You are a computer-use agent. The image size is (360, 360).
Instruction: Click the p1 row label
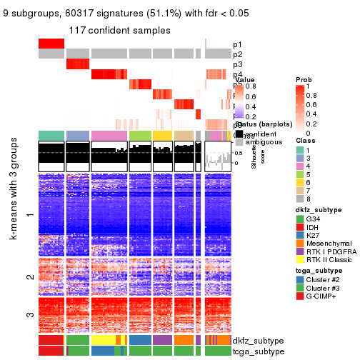tap(237, 44)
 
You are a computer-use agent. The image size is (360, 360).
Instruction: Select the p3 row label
tap(237, 64)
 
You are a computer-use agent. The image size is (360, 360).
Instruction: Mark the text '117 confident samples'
tap(119, 30)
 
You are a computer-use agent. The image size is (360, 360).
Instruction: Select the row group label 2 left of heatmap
tap(29, 277)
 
